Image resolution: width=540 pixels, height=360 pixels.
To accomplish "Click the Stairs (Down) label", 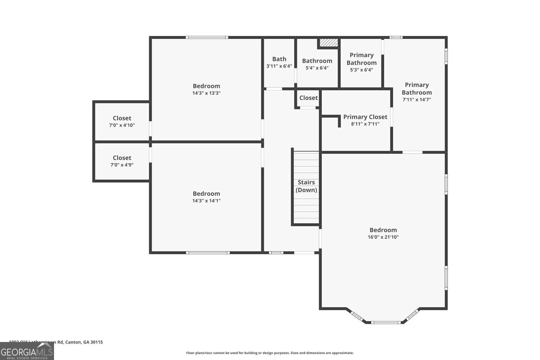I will [306, 186].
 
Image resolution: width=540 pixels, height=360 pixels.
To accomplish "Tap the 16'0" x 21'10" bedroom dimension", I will [383, 237].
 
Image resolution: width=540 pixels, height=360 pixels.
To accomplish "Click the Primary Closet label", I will [365, 117].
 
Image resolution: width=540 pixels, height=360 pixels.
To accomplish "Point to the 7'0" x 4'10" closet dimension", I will [122, 125].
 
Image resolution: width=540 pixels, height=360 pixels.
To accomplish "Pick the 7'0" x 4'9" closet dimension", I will [122, 165].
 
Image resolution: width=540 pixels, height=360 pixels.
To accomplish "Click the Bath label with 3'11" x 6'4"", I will [279, 59].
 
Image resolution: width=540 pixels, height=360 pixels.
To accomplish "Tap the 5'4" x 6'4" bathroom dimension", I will [317, 68].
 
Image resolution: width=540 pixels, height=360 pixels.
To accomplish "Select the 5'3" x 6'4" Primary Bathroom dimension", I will [361, 70].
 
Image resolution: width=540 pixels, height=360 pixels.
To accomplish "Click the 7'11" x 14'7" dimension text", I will [417, 100].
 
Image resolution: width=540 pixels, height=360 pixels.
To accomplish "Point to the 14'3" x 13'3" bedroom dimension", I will [206, 93].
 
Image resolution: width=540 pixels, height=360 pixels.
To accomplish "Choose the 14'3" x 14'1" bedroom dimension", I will [206, 201].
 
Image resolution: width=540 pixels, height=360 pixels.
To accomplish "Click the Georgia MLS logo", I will [27, 351].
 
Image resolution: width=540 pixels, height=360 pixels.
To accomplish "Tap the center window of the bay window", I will [386, 322].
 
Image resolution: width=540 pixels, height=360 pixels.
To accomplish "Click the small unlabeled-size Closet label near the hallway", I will [308, 98].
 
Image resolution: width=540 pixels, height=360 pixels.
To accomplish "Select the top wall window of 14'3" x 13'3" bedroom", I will [207, 37].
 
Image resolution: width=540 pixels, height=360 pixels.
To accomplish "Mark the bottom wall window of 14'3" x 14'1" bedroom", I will [208, 253].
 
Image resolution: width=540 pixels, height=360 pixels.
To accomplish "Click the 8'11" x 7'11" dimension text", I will [365, 124].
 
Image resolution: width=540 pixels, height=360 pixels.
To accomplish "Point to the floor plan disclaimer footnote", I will [270, 353].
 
